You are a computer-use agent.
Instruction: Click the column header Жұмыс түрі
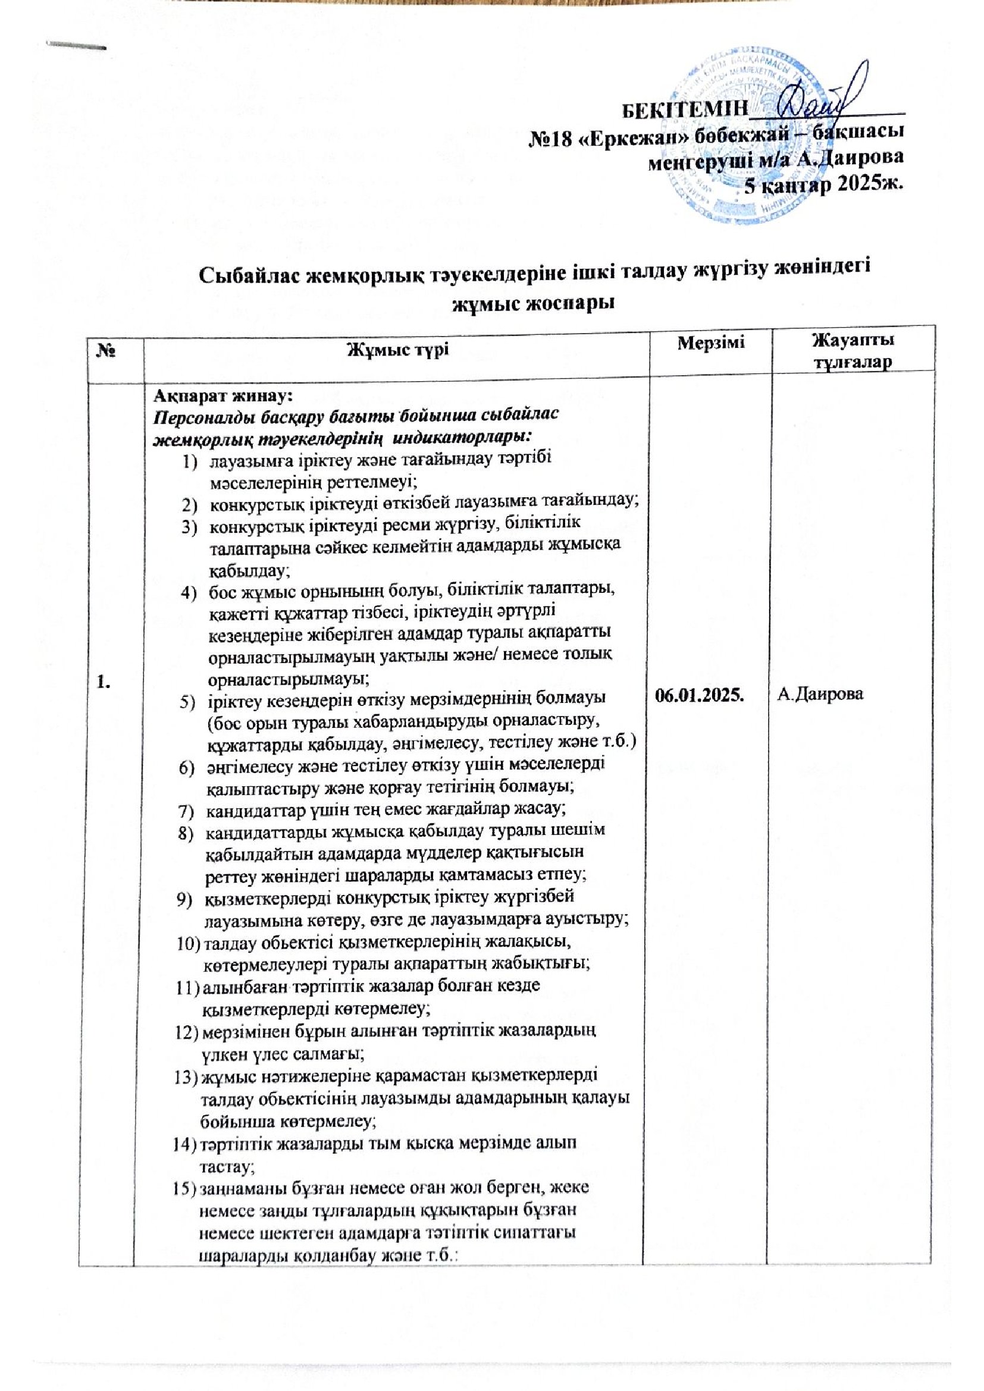point(397,350)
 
